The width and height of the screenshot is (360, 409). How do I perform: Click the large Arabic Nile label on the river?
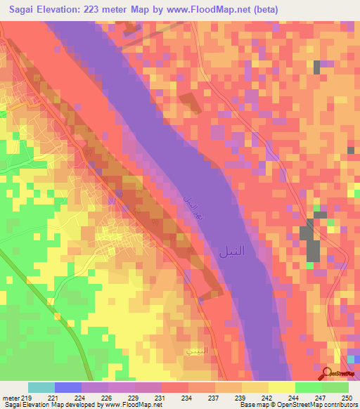click(x=233, y=249)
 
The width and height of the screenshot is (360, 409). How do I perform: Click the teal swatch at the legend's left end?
click(x=41, y=387)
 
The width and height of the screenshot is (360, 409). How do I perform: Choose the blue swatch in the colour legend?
click(x=68, y=387)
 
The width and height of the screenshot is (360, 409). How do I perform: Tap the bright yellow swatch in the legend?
click(x=282, y=387)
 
